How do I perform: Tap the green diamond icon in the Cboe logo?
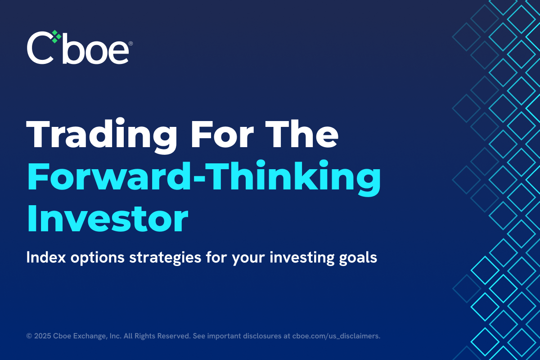55,37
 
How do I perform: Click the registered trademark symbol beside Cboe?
130,44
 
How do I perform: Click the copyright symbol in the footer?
29,336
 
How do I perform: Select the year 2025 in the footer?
41,336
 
